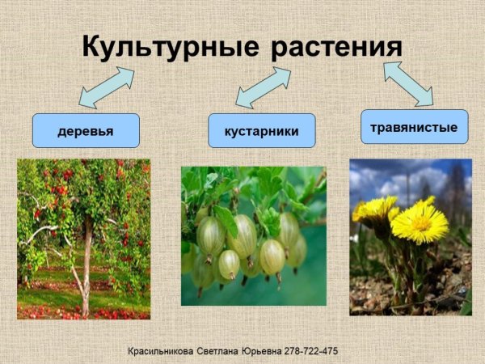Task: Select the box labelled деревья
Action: (x=86, y=130)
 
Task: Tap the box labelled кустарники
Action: (x=261, y=130)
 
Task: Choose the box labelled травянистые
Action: (x=414, y=127)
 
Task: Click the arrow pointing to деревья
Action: (x=107, y=88)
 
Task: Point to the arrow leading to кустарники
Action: (x=263, y=87)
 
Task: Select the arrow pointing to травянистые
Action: (x=407, y=83)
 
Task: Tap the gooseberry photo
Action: (x=254, y=235)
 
